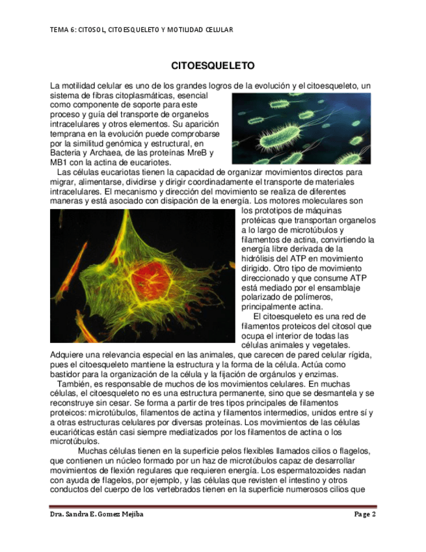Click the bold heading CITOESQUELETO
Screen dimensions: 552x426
pyautogui.click(x=212, y=66)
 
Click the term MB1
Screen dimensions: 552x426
pyautogui.click(x=59, y=162)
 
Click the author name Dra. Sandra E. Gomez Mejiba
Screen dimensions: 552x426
pyautogui.click(x=96, y=514)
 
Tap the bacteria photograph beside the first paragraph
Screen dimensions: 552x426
pyautogui.click(x=301, y=128)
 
